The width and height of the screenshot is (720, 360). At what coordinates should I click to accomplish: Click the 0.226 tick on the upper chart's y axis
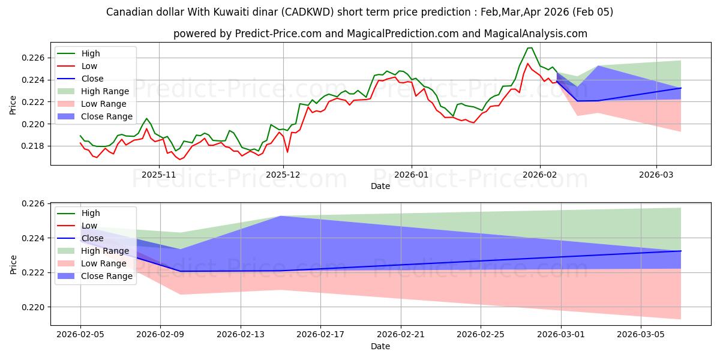(x=37, y=58)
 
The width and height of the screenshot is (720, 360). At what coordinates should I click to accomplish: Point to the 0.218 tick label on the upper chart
(x=37, y=146)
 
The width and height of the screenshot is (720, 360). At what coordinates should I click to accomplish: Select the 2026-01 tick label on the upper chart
(x=411, y=175)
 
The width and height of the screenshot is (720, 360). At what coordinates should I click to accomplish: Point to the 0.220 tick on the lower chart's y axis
(x=37, y=307)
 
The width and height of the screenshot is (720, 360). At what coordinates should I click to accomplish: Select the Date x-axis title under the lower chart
(x=380, y=347)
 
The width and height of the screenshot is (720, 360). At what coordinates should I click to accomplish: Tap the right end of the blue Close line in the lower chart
(x=681, y=251)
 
